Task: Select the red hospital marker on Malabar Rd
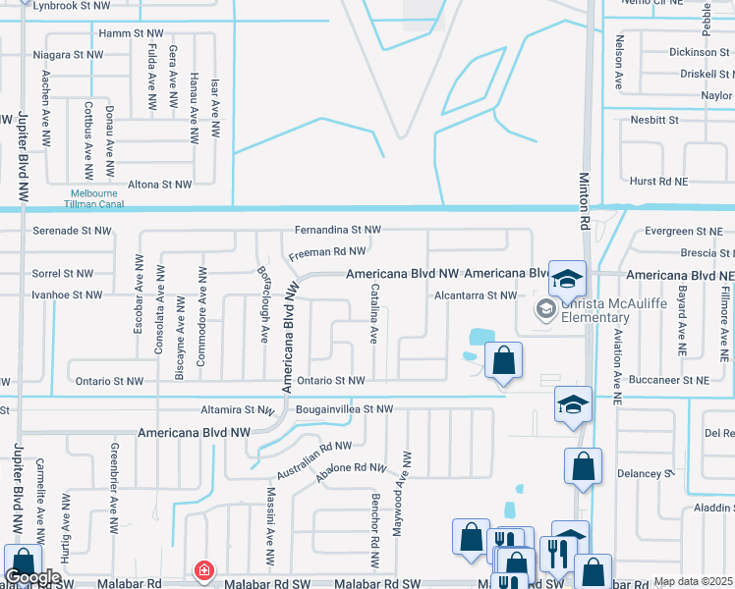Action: pos(203,570)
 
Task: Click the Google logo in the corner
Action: pos(32,577)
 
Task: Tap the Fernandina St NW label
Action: pos(337,230)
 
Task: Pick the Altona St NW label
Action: pos(160,184)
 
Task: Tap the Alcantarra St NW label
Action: pos(476,294)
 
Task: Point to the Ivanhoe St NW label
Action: pos(67,294)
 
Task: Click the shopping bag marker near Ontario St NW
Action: pos(504,361)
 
